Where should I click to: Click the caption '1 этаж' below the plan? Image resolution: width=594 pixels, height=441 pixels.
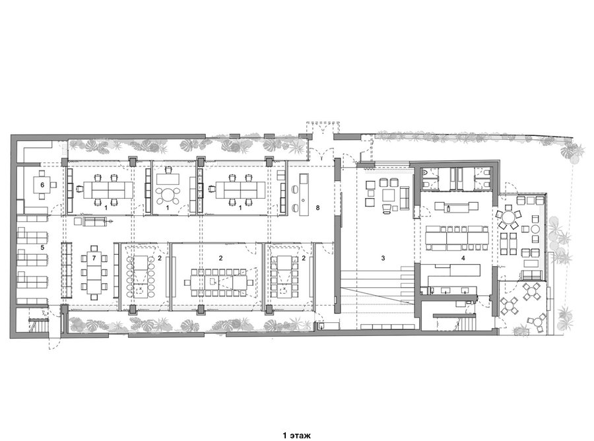point(296,435)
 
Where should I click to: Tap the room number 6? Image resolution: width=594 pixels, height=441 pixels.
point(42,185)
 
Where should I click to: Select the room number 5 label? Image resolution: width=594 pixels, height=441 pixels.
point(42,248)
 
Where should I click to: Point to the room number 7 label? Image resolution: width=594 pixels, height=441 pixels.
point(94,258)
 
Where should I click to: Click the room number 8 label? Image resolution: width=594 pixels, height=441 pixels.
point(317,207)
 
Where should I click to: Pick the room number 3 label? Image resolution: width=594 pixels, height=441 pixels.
point(383,258)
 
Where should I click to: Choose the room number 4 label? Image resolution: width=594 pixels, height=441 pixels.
point(463,258)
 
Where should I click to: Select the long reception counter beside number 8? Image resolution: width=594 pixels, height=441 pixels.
point(304,195)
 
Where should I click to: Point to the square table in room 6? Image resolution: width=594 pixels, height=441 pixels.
point(42,185)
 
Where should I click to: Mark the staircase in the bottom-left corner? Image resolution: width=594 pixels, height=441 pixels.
point(39,326)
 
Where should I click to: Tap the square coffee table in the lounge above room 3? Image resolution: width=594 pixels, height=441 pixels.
point(389,195)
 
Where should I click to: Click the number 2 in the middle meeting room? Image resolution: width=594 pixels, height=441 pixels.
point(220,258)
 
